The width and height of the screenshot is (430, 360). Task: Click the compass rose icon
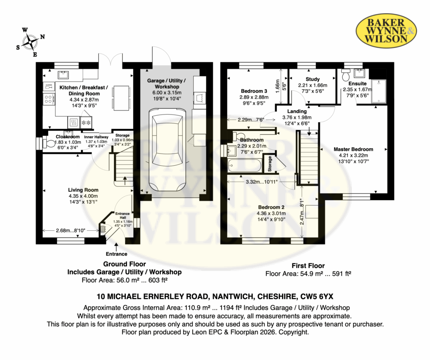[30, 42]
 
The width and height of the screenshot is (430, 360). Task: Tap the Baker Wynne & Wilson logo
[386, 31]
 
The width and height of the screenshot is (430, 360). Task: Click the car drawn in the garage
[167, 150]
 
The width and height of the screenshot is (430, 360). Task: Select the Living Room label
[83, 190]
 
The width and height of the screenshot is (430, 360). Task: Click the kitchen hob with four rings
[49, 99]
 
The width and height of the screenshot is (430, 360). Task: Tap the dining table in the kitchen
[121, 98]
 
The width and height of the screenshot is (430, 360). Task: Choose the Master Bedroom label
[353, 149]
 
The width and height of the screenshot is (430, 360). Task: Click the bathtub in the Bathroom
[244, 166]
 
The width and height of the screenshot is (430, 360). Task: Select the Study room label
[312, 79]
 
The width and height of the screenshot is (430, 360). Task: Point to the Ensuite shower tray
[378, 91]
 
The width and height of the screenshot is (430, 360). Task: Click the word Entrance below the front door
[117, 254]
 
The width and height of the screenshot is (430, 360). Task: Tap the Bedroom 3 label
[254, 91]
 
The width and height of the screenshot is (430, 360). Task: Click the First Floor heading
[308, 266]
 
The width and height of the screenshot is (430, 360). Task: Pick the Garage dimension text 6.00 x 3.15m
[167, 93]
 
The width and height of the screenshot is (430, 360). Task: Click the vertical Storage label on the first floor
[270, 164]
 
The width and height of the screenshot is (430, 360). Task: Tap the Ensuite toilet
[346, 74]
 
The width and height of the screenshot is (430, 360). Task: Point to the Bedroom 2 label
[271, 207]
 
